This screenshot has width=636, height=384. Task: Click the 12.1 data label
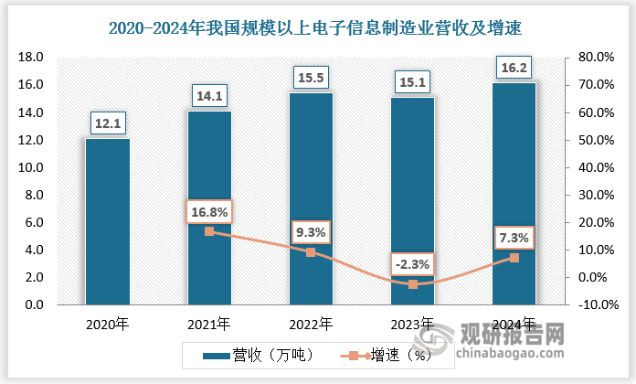pyautogui.click(x=108, y=123)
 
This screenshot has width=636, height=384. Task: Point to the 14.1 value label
pyautogui.click(x=209, y=94)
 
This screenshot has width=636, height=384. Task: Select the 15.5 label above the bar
pyautogui.click(x=312, y=76)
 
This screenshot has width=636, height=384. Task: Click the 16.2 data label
pyautogui.click(x=514, y=66)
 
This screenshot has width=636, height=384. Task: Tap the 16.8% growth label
pyautogui.click(x=209, y=212)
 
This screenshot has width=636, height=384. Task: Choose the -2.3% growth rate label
pyautogui.click(x=413, y=265)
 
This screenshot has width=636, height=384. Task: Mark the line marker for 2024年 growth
pyautogui.click(x=514, y=258)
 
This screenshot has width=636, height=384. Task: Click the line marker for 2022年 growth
pyautogui.click(x=312, y=252)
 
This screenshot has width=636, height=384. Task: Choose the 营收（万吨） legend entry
pyautogui.click(x=258, y=356)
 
